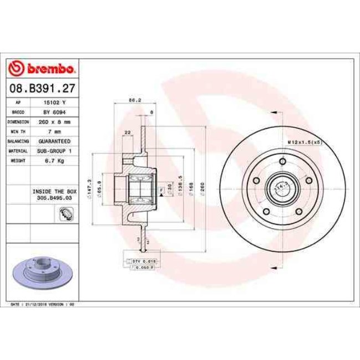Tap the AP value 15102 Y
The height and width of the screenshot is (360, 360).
point(54,103)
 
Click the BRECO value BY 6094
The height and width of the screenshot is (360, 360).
point(54,112)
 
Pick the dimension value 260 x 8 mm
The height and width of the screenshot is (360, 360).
point(54,122)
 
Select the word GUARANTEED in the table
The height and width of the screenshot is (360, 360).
point(54,141)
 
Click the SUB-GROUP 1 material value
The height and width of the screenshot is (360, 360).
point(54,151)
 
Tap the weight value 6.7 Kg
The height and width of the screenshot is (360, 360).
point(54,160)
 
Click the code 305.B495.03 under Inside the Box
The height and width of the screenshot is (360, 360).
point(54,196)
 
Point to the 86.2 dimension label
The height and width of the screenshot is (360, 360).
point(132,100)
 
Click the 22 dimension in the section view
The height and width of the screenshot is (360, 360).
point(128,132)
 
